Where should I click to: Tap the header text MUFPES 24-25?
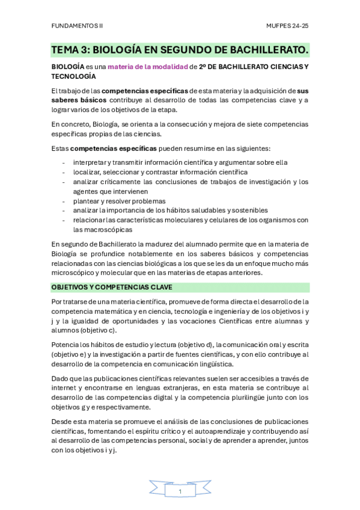287,26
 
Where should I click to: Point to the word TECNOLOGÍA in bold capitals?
73,76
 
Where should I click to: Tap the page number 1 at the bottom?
180,491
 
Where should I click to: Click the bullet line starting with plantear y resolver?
119,201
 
